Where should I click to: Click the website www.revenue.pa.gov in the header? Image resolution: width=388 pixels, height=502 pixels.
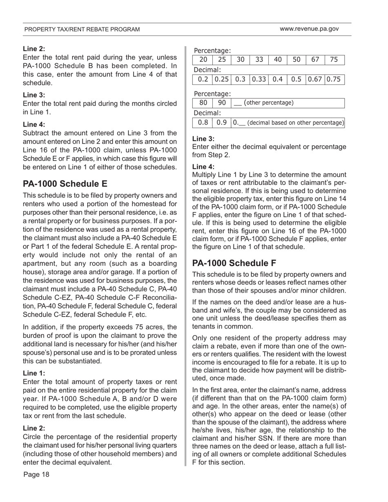coord(309,29)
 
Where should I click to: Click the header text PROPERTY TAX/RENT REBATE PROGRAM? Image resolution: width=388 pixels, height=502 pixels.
coord(82,29)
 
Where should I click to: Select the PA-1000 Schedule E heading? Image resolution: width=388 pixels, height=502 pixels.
coord(65,184)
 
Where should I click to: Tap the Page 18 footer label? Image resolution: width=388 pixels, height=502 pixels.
coord(36,474)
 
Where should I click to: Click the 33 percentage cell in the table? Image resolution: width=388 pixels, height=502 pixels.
coord(259,60)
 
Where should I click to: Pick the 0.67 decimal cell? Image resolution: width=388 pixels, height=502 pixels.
coord(315,79)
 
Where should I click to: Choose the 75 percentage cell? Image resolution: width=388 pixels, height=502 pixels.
coord(334,60)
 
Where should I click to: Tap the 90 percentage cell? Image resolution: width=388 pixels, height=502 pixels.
coord(222,103)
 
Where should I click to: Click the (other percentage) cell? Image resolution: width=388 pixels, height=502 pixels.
coord(288,103)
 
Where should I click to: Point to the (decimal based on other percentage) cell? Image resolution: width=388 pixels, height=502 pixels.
coord(288,122)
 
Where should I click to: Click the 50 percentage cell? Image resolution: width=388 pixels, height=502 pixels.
coord(297,60)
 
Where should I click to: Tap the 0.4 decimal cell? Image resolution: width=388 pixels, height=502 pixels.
coord(278,79)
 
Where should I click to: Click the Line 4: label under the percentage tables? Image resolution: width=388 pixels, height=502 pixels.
coord(203,167)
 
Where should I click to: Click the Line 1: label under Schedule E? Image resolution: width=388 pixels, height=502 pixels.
coord(34,373)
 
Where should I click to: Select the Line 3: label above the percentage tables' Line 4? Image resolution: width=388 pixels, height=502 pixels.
coord(203,139)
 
